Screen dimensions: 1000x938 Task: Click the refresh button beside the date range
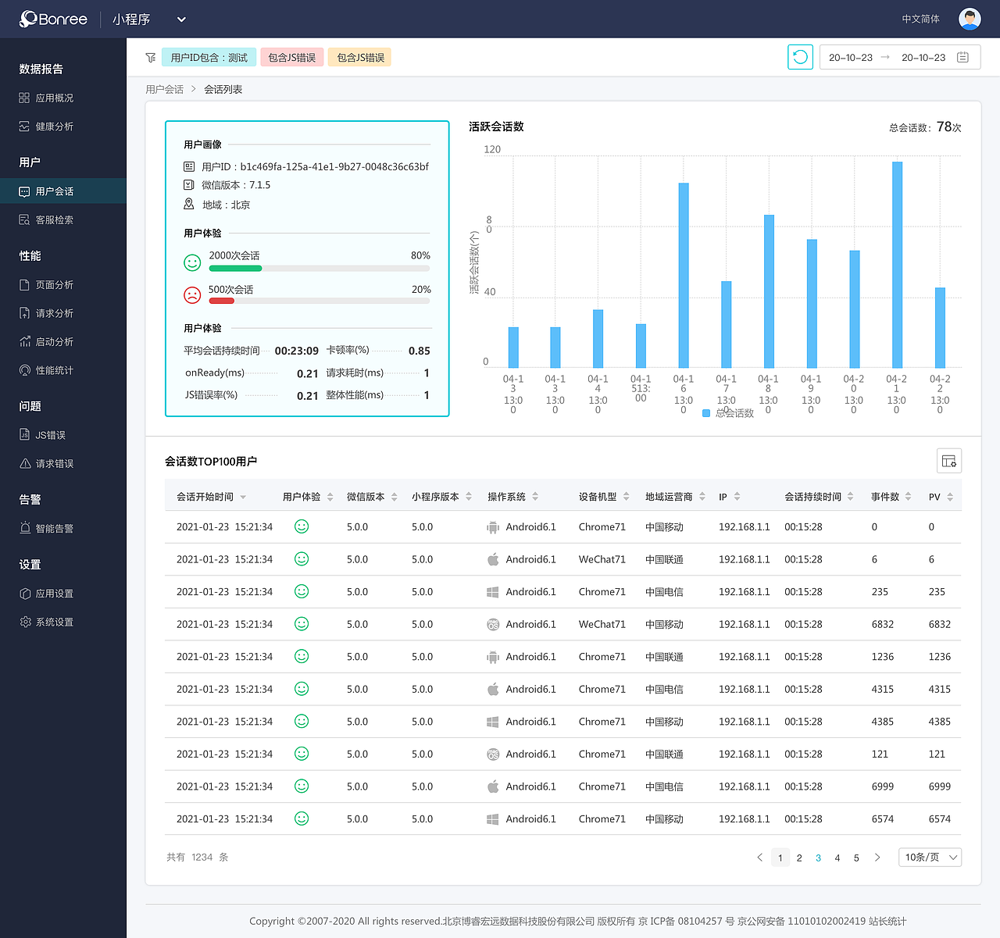pyautogui.click(x=799, y=57)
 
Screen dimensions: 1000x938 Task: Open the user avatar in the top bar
pyautogui.click(x=970, y=19)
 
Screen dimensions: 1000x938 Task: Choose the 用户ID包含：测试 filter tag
pyautogui.click(x=209, y=57)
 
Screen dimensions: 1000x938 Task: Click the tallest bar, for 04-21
pyautogui.click(x=897, y=264)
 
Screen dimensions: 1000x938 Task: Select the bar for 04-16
pyautogui.click(x=684, y=275)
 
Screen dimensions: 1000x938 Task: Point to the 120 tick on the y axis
pyautogui.click(x=492, y=149)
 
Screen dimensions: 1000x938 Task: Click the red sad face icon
pyautogui.click(x=192, y=294)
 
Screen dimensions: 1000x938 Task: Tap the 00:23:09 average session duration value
pyautogui.click(x=296, y=351)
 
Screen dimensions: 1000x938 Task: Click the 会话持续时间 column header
pyautogui.click(x=812, y=497)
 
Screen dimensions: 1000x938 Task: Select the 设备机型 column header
pyautogui.click(x=597, y=497)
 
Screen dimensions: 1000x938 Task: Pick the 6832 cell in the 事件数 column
pyautogui.click(x=882, y=624)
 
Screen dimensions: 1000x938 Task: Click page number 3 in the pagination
pyautogui.click(x=818, y=858)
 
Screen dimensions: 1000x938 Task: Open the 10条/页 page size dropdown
pyautogui.click(x=930, y=857)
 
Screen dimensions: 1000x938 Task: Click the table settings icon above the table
pyautogui.click(x=948, y=461)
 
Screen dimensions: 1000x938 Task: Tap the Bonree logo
pyautogui.click(x=53, y=19)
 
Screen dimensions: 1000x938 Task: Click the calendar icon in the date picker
pyautogui.click(x=962, y=57)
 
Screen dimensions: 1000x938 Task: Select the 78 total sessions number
pyautogui.click(x=944, y=127)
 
